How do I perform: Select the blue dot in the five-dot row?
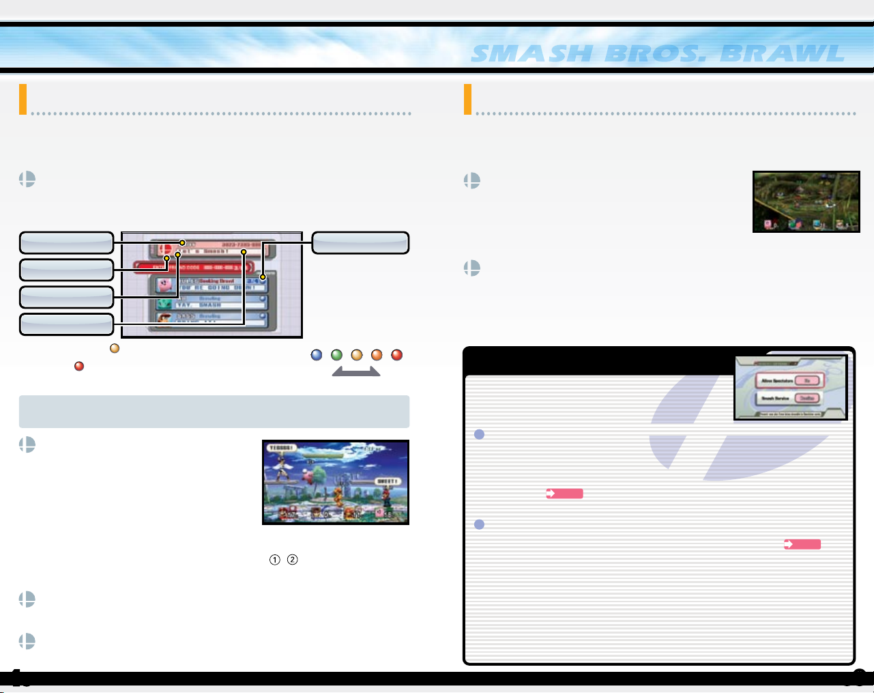point(317,355)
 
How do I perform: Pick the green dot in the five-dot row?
point(336,355)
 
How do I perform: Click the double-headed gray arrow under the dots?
point(356,371)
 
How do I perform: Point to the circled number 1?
point(274,560)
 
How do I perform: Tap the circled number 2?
point(292,560)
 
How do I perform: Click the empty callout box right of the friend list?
point(360,243)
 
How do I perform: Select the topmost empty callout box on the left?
point(66,243)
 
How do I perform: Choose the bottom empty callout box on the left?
point(66,324)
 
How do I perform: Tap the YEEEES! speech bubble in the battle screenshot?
point(281,449)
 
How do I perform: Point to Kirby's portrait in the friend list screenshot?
point(164,285)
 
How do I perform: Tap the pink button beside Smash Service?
point(808,398)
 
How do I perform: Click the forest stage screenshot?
point(806,201)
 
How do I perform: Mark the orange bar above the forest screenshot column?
point(467,99)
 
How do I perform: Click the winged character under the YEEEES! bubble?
point(280,471)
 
